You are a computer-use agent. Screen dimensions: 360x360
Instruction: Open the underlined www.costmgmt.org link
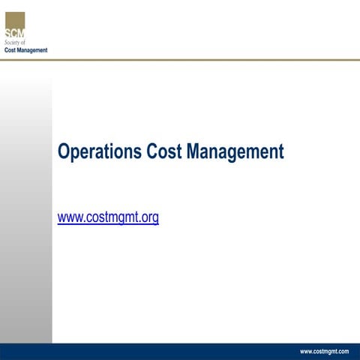point(108,218)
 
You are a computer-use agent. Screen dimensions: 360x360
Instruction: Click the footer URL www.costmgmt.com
point(324,351)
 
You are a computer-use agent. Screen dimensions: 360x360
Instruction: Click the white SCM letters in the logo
point(14,33)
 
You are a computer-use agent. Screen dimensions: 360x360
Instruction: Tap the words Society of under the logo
point(15,43)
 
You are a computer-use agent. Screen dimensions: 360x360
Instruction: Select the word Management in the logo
point(32,49)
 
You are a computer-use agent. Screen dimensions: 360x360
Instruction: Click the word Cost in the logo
point(10,49)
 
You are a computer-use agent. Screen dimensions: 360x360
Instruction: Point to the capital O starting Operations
point(64,152)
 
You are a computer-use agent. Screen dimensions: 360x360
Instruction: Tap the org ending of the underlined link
point(149,219)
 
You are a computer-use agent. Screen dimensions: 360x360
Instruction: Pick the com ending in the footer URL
point(342,351)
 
